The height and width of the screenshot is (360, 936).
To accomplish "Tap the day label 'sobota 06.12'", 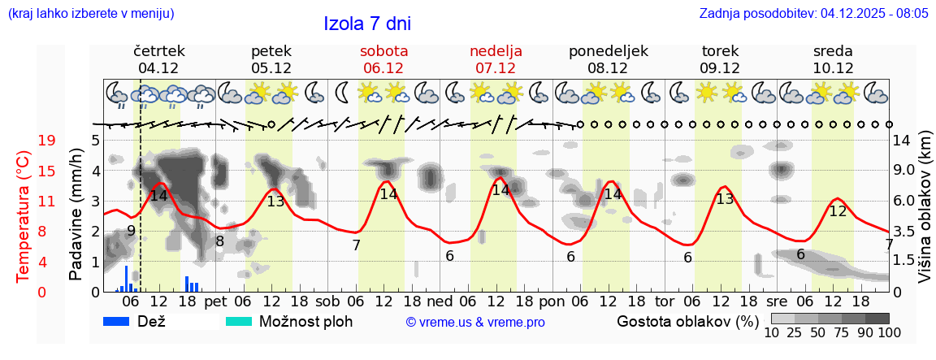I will tap(383, 59).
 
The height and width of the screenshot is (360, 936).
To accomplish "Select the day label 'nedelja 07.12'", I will tap(496, 59).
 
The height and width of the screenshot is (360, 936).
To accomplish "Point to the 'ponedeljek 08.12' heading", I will tap(608, 59).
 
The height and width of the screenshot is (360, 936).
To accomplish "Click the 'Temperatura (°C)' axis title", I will tap(24, 216).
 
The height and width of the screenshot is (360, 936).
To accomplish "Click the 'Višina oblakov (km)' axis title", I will tap(925, 216).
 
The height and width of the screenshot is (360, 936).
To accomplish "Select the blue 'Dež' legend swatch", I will tap(122, 321).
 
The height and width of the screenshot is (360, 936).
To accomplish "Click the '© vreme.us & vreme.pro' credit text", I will tap(475, 322).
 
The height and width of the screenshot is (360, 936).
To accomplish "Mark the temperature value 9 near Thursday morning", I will tap(131, 231).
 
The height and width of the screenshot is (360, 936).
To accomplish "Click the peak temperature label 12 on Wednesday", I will tap(837, 211).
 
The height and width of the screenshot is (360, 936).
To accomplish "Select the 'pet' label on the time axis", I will tap(215, 301).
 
